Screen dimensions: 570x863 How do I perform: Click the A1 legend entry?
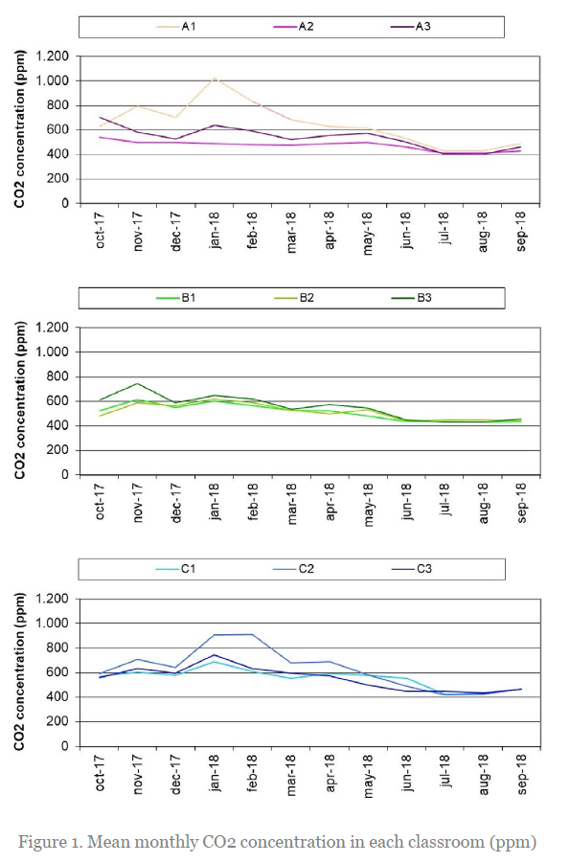point(176,27)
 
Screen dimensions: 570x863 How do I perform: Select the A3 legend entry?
point(410,27)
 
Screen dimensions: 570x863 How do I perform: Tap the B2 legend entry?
point(294,298)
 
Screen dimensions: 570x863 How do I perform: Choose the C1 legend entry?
point(175,569)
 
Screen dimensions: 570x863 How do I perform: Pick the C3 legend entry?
point(411,569)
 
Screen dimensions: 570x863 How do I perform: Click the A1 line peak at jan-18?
point(215,79)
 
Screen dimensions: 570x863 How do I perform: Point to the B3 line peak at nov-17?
point(137,384)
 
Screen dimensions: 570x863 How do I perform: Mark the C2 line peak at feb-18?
point(252,634)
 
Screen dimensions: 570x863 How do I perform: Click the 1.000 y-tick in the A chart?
point(53,80)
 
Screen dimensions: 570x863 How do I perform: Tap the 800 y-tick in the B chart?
point(58,377)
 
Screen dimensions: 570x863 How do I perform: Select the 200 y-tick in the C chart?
point(58,721)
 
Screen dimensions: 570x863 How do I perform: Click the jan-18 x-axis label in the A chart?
point(215,231)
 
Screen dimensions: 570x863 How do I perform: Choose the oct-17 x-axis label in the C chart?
point(100,773)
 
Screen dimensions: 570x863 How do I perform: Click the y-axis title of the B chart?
point(20,400)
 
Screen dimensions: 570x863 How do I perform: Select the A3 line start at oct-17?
point(100,117)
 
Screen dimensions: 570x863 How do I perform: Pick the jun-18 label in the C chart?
point(406,773)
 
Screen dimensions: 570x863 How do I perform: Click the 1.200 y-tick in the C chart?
point(53,599)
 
